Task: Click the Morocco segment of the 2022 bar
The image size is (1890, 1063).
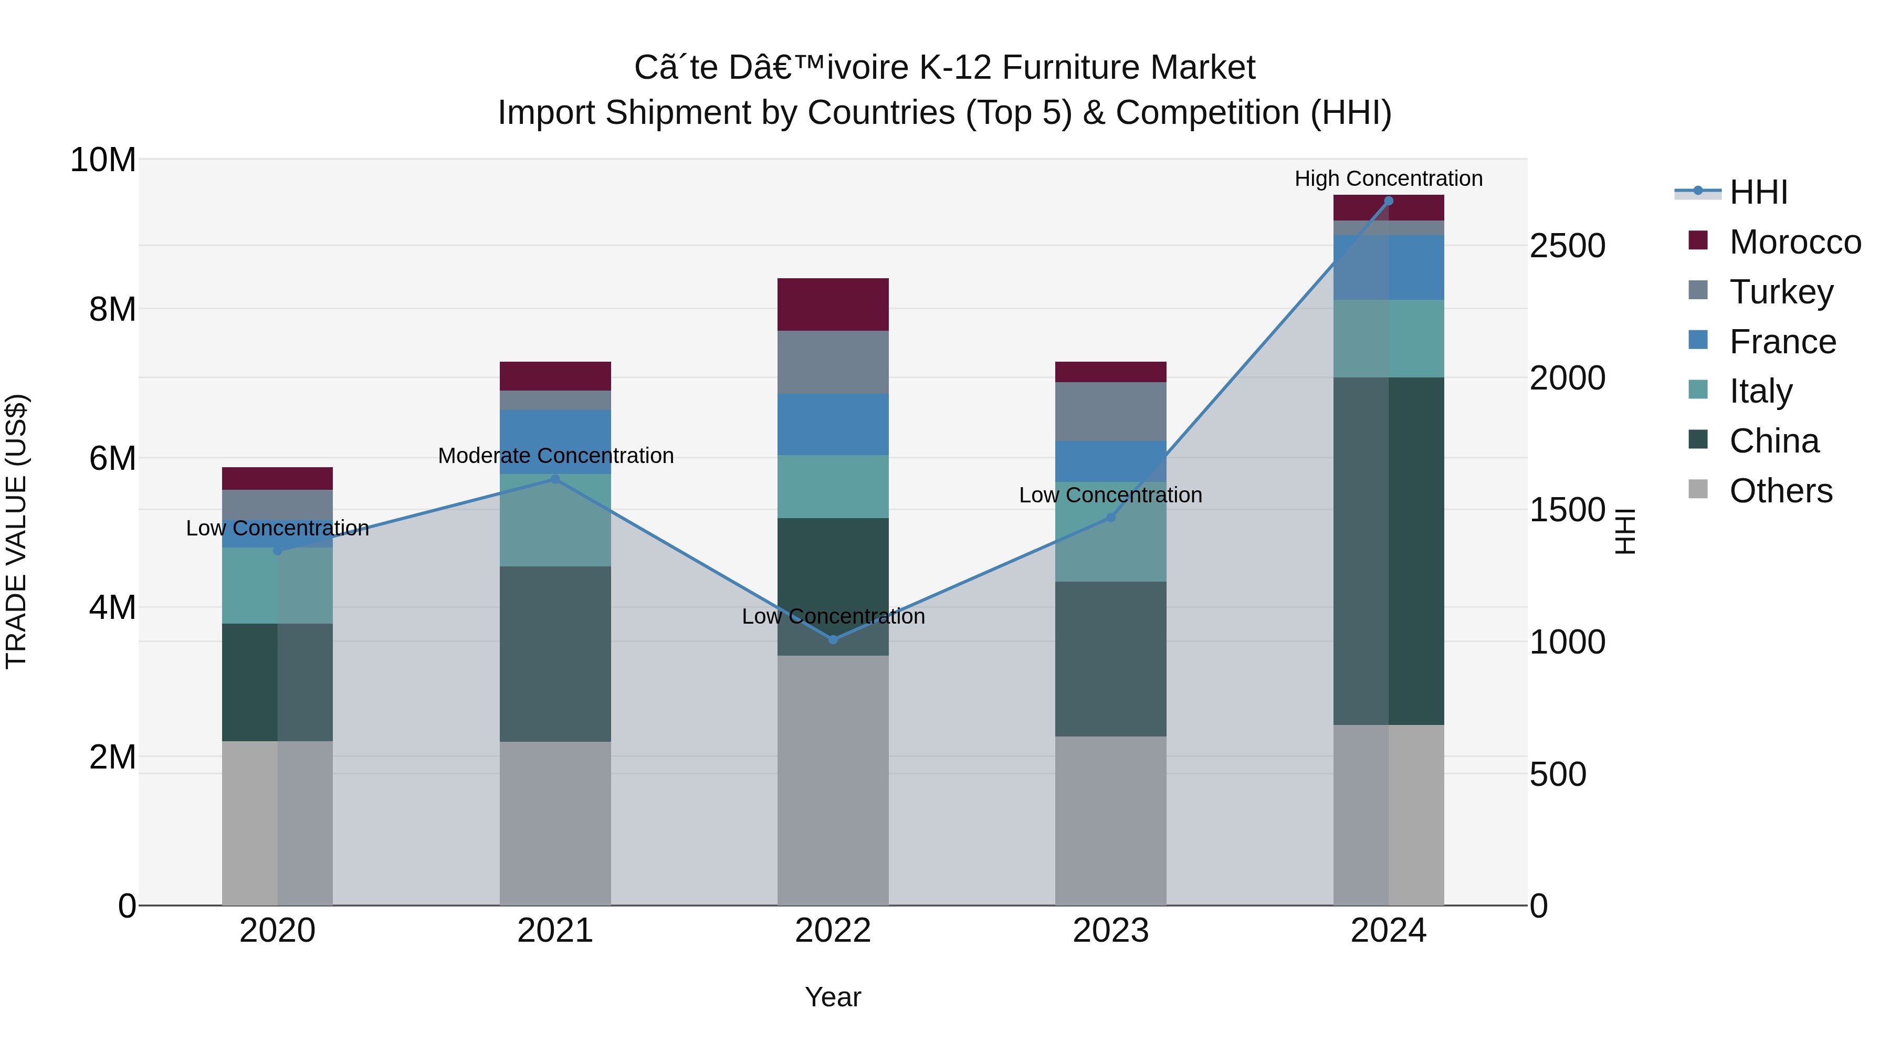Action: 833,304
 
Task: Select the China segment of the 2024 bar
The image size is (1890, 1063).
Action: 1388,550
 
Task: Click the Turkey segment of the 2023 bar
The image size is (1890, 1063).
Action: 1110,411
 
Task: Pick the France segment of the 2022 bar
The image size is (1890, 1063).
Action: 833,424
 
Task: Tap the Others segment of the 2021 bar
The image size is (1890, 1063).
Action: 555,823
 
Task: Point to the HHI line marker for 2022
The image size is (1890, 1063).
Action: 833,640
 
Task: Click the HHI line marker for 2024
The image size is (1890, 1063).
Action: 1388,201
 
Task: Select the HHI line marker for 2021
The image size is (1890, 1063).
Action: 555,479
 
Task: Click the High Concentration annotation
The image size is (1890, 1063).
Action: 1388,178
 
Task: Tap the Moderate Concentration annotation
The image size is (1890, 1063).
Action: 555,456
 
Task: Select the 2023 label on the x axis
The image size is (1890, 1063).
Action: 1110,931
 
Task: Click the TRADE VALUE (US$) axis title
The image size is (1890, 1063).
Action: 16,531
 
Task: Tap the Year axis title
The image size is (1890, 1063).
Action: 833,997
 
